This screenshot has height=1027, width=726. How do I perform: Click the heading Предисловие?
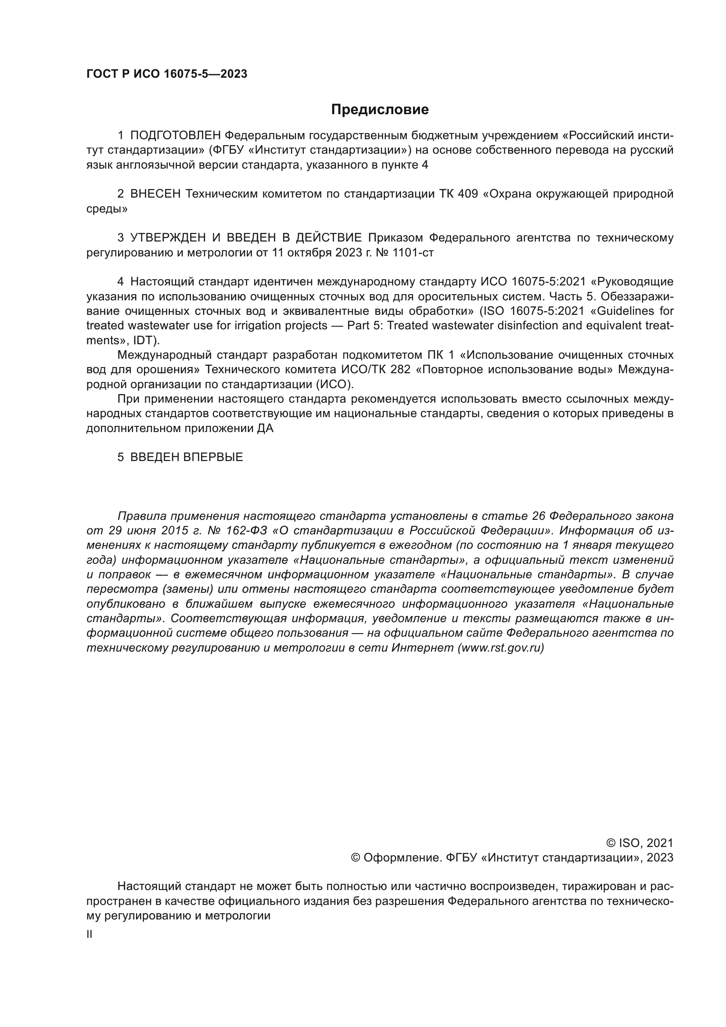tap(380, 110)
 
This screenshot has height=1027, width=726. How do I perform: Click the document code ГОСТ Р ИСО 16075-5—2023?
tap(167, 74)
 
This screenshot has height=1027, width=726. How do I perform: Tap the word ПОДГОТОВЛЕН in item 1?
tap(176, 135)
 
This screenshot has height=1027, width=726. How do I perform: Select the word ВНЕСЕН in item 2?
tap(155, 194)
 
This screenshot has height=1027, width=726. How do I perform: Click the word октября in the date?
tap(308, 252)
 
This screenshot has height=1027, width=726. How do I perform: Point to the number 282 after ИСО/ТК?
tap(401, 369)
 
